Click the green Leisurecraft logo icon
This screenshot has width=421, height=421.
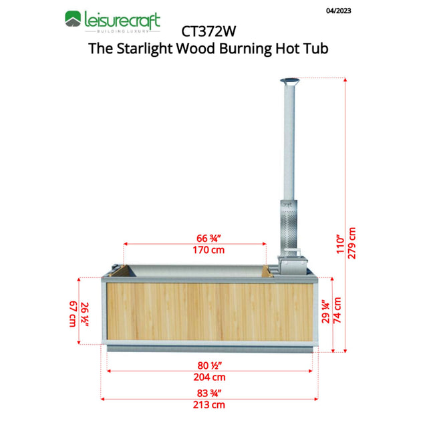pyautogui.click(x=73, y=19)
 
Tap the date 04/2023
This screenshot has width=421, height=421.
pyautogui.click(x=338, y=11)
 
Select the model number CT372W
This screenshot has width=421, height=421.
pyautogui.click(x=208, y=31)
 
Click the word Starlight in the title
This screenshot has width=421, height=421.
pyautogui.click(x=144, y=49)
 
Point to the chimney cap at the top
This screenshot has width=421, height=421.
pyautogui.click(x=290, y=81)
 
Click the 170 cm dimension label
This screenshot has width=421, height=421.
pyautogui.click(x=208, y=250)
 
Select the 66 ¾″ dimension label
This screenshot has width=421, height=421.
pyautogui.click(x=208, y=238)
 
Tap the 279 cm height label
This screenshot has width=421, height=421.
pyautogui.click(x=352, y=243)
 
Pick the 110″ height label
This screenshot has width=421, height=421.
pyautogui.click(x=340, y=245)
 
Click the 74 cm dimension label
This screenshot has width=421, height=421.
pyautogui.click(x=337, y=310)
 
